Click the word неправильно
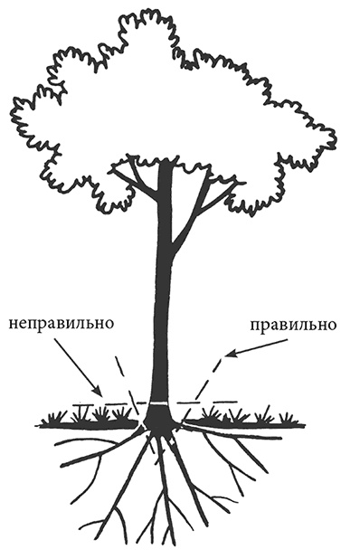pos(60,323)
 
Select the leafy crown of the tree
pos(172,99)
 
